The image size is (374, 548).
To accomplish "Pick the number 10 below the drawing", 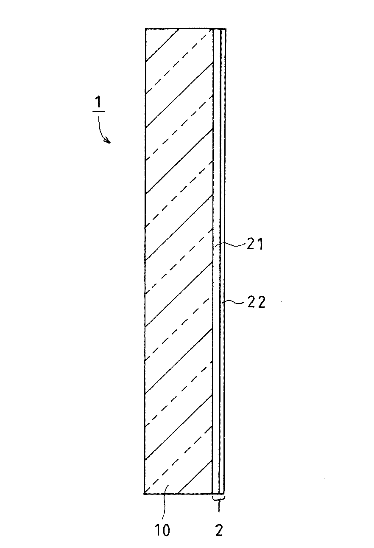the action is pos(162,530).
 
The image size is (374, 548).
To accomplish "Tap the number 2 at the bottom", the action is pos(219,530).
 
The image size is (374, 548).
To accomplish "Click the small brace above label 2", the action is pos(218,497).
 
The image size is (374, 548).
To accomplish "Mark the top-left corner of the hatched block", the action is pos(145,29).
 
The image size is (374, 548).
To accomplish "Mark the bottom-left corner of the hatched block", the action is pos(145,494).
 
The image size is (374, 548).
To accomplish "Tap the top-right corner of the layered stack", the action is pos(226,29).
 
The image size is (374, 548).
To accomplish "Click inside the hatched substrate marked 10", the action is pos(178,255).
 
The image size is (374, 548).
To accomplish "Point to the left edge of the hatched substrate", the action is pos(145,255).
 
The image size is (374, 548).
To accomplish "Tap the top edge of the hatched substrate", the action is pos(178,29).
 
